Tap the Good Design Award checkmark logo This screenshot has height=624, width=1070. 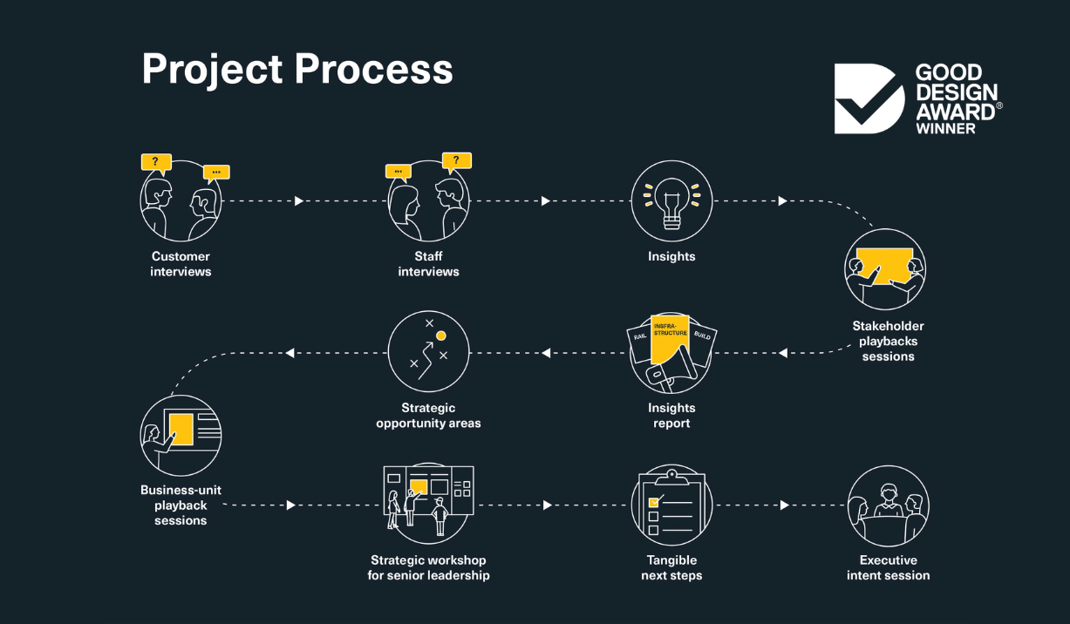point(869,98)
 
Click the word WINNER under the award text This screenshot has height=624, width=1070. point(945,128)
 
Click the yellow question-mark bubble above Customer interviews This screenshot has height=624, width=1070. point(156,162)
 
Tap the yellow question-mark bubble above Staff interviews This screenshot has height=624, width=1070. point(456,160)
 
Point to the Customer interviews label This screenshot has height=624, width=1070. point(181,264)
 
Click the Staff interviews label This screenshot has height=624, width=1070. point(428,264)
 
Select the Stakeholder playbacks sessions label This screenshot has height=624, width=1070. point(888,341)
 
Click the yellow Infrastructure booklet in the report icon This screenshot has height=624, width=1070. point(670,340)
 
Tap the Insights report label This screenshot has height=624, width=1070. point(671,416)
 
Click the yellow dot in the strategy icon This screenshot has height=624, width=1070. point(441,336)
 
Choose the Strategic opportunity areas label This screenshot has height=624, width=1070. point(428,416)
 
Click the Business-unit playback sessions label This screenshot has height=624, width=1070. point(181,505)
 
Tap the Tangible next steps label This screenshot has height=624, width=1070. point(671,567)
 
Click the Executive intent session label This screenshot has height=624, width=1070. point(888,567)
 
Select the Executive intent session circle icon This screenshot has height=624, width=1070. point(888,505)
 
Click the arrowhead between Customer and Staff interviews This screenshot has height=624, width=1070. point(299,201)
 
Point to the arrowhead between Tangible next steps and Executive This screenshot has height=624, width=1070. point(785,505)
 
